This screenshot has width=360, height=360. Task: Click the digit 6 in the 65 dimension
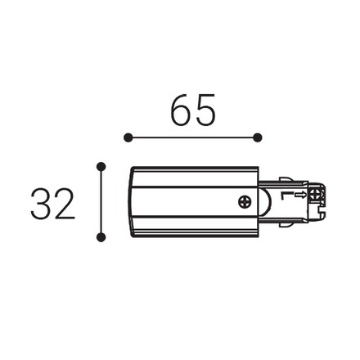pyautogui.click(x=181, y=110)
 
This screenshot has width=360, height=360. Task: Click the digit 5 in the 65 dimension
pyautogui.click(x=205, y=110)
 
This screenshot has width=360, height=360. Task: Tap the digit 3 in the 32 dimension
pyautogui.click(x=41, y=204)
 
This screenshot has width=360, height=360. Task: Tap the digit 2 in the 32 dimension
pyautogui.click(x=65, y=203)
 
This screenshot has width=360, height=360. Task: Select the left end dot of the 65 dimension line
pyautogui.click(x=128, y=137)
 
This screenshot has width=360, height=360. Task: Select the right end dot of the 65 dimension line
pyautogui.click(x=257, y=137)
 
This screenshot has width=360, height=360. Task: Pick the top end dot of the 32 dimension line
pyautogui.click(x=101, y=166)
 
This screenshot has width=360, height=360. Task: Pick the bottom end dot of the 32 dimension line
pyautogui.click(x=101, y=237)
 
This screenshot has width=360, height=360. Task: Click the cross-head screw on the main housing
pyautogui.click(x=245, y=202)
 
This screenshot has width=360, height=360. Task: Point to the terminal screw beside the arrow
pyautogui.click(x=315, y=195)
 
